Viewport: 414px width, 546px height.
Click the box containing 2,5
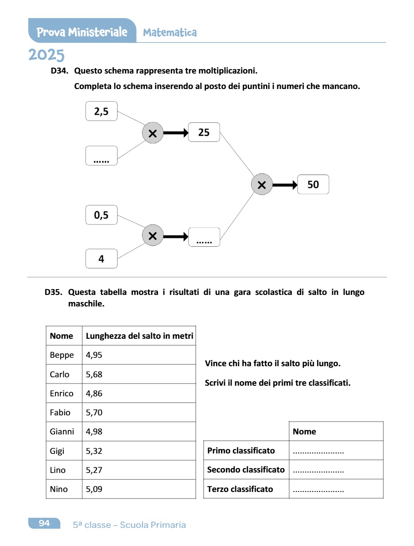pos(101,111)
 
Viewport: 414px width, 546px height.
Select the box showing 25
pos(204,132)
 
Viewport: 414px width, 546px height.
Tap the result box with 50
pos(313,184)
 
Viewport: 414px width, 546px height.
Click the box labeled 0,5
pos(101,215)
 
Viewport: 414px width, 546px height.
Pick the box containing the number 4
pos(101,259)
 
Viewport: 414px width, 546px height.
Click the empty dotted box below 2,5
pos(101,156)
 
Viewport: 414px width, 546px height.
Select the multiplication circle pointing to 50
pos(262,184)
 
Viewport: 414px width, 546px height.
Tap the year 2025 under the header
pos(46,55)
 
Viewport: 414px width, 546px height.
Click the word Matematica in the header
pos(170,32)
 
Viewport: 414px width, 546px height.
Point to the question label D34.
pos(59,71)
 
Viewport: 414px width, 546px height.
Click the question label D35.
pos(53,292)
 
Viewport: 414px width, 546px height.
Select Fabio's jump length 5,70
pos(94,412)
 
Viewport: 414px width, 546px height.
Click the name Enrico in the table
pos(62,393)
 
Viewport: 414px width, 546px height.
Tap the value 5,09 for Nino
pos(94,489)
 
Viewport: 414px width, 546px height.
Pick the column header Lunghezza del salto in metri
pos(139,336)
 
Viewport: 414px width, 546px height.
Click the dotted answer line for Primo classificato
pos(318,451)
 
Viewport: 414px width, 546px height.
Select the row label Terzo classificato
pos(240,489)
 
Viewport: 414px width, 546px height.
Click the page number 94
pos(44,523)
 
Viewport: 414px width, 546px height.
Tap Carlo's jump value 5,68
pos(94,374)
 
